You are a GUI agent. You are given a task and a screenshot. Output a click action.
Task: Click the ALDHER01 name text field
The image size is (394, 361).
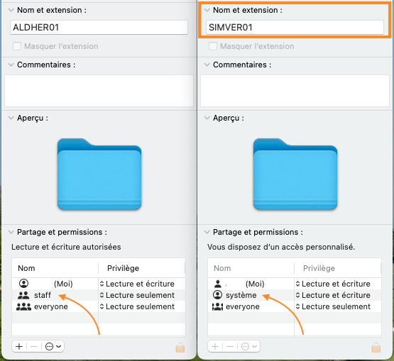click(99, 28)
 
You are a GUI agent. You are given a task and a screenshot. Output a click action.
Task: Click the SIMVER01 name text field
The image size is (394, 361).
click(295, 28)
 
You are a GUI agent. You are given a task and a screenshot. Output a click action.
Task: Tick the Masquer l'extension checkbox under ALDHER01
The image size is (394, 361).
click(17, 46)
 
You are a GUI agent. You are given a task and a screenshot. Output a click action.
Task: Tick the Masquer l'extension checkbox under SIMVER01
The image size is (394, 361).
click(213, 46)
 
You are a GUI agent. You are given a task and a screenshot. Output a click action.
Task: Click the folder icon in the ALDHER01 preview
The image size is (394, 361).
click(99, 174)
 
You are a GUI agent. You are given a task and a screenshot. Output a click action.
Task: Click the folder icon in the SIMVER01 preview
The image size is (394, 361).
click(295, 174)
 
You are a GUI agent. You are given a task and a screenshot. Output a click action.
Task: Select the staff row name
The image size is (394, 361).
click(43, 295)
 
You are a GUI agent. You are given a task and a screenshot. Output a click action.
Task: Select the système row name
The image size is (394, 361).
click(241, 295)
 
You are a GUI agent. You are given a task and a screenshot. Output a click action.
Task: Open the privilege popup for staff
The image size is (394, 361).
click(137, 295)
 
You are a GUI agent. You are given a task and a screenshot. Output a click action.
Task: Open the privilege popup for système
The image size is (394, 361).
click(333, 295)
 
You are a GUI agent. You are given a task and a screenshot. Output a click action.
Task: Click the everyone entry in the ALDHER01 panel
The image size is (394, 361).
click(51, 306)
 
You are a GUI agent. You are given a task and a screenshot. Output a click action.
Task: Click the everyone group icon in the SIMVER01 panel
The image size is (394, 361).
click(218, 306)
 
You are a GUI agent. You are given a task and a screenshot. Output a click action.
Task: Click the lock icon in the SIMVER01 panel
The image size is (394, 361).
click(376, 348)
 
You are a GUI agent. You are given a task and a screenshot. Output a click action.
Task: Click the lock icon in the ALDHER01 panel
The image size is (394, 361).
click(180, 348)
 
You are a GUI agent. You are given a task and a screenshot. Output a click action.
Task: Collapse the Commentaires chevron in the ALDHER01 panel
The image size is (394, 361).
click(11, 65)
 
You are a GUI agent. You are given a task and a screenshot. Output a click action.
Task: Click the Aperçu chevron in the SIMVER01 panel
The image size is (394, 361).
click(207, 118)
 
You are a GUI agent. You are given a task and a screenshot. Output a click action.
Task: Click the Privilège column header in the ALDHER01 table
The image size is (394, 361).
click(123, 268)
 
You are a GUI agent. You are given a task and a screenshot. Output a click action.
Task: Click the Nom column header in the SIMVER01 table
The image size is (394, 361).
click(222, 268)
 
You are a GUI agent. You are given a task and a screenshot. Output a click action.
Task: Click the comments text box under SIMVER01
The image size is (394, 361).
click(295, 91)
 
